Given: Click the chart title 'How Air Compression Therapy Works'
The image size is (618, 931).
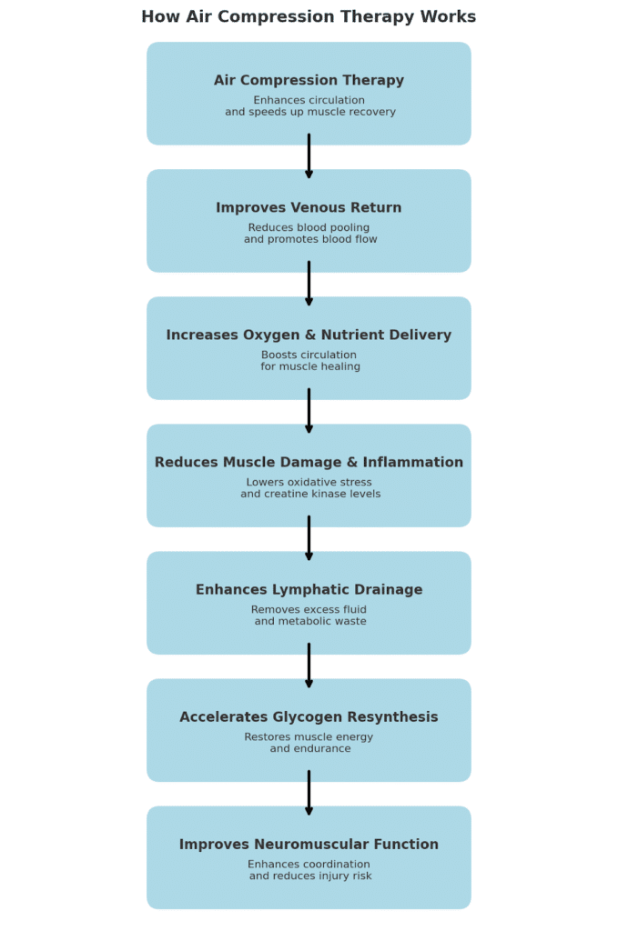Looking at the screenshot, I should click(309, 17).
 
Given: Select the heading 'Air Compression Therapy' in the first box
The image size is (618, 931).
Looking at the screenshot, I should click(309, 81).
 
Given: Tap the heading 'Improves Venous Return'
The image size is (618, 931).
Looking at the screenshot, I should click(309, 208).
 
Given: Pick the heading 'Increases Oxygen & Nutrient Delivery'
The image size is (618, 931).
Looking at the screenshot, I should click(309, 335).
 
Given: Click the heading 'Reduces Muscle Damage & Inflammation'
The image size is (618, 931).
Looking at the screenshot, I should click(309, 463).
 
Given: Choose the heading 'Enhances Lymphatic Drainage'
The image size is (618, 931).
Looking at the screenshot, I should click(309, 590).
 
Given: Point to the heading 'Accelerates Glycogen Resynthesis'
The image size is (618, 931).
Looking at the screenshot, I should click(309, 717).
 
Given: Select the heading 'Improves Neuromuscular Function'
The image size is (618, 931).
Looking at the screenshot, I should click(309, 845).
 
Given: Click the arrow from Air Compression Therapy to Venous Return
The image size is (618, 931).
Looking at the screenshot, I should click(309, 156).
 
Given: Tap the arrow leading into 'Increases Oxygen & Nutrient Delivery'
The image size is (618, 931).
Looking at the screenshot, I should click(309, 284).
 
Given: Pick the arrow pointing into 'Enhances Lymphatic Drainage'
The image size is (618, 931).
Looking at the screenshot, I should click(309, 538).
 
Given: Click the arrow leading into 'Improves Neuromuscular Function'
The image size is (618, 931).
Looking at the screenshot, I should click(309, 793).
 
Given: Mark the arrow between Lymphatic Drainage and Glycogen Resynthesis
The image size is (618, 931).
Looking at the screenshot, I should click(309, 666).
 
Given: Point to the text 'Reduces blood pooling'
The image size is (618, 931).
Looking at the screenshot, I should click(309, 228).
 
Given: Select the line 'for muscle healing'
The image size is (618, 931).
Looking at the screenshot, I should click(310, 367).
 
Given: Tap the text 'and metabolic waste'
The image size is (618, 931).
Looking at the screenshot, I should click(310, 622).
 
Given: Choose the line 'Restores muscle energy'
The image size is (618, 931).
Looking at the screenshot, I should click(309, 737).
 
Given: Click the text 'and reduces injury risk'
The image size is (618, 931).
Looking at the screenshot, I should click(310, 876).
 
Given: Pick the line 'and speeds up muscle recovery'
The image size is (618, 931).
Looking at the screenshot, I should click(310, 113).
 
